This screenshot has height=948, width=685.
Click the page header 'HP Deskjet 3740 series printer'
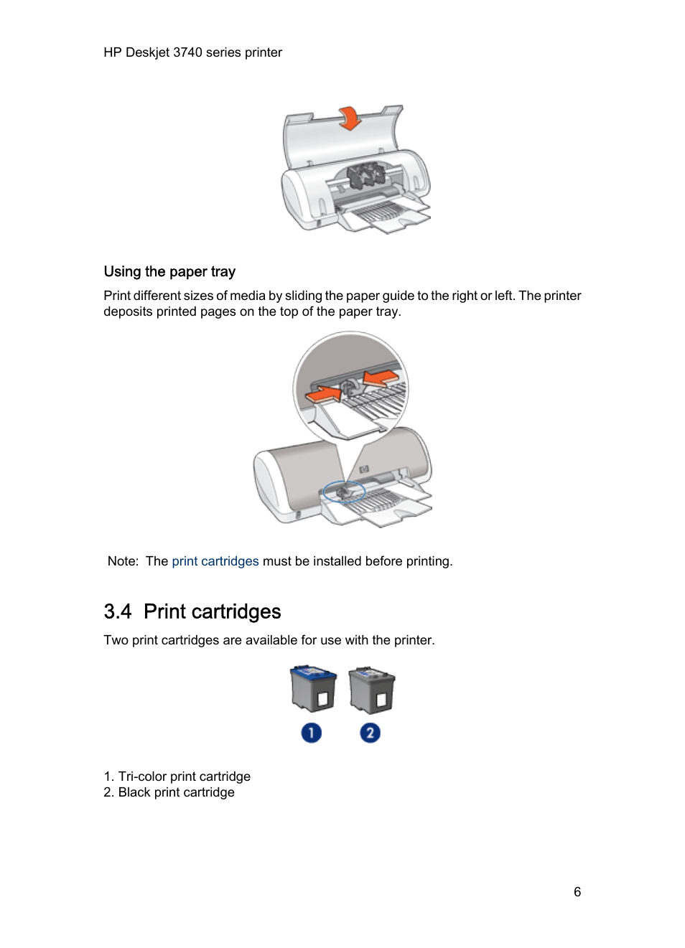pos(192,52)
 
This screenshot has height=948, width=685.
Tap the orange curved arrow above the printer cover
pos(350,118)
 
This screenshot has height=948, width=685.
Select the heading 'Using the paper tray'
pos(169,271)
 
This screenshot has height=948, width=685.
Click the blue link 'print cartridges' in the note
pos(215,561)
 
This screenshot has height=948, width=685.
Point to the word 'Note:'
pos(123,561)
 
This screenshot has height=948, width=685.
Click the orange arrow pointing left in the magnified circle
pos(381,377)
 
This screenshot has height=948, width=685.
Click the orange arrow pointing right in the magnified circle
pos(324,393)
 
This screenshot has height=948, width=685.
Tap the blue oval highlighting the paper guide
pos(344,492)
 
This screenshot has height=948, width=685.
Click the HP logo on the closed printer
pos(364,469)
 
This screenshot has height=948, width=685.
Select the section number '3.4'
pos(118,611)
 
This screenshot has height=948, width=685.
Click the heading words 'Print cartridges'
pos(212,611)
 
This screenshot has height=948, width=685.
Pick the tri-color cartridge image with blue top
pos(313,688)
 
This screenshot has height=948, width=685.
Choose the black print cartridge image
pos(371,690)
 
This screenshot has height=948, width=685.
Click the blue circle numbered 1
pos(311,733)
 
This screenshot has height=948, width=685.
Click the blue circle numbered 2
pos(370,733)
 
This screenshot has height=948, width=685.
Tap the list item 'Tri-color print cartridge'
pos(184,776)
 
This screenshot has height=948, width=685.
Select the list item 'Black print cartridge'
pos(176,792)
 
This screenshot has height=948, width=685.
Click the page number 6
pos(577,892)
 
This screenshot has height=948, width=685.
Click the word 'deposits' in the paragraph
pos(126,311)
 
